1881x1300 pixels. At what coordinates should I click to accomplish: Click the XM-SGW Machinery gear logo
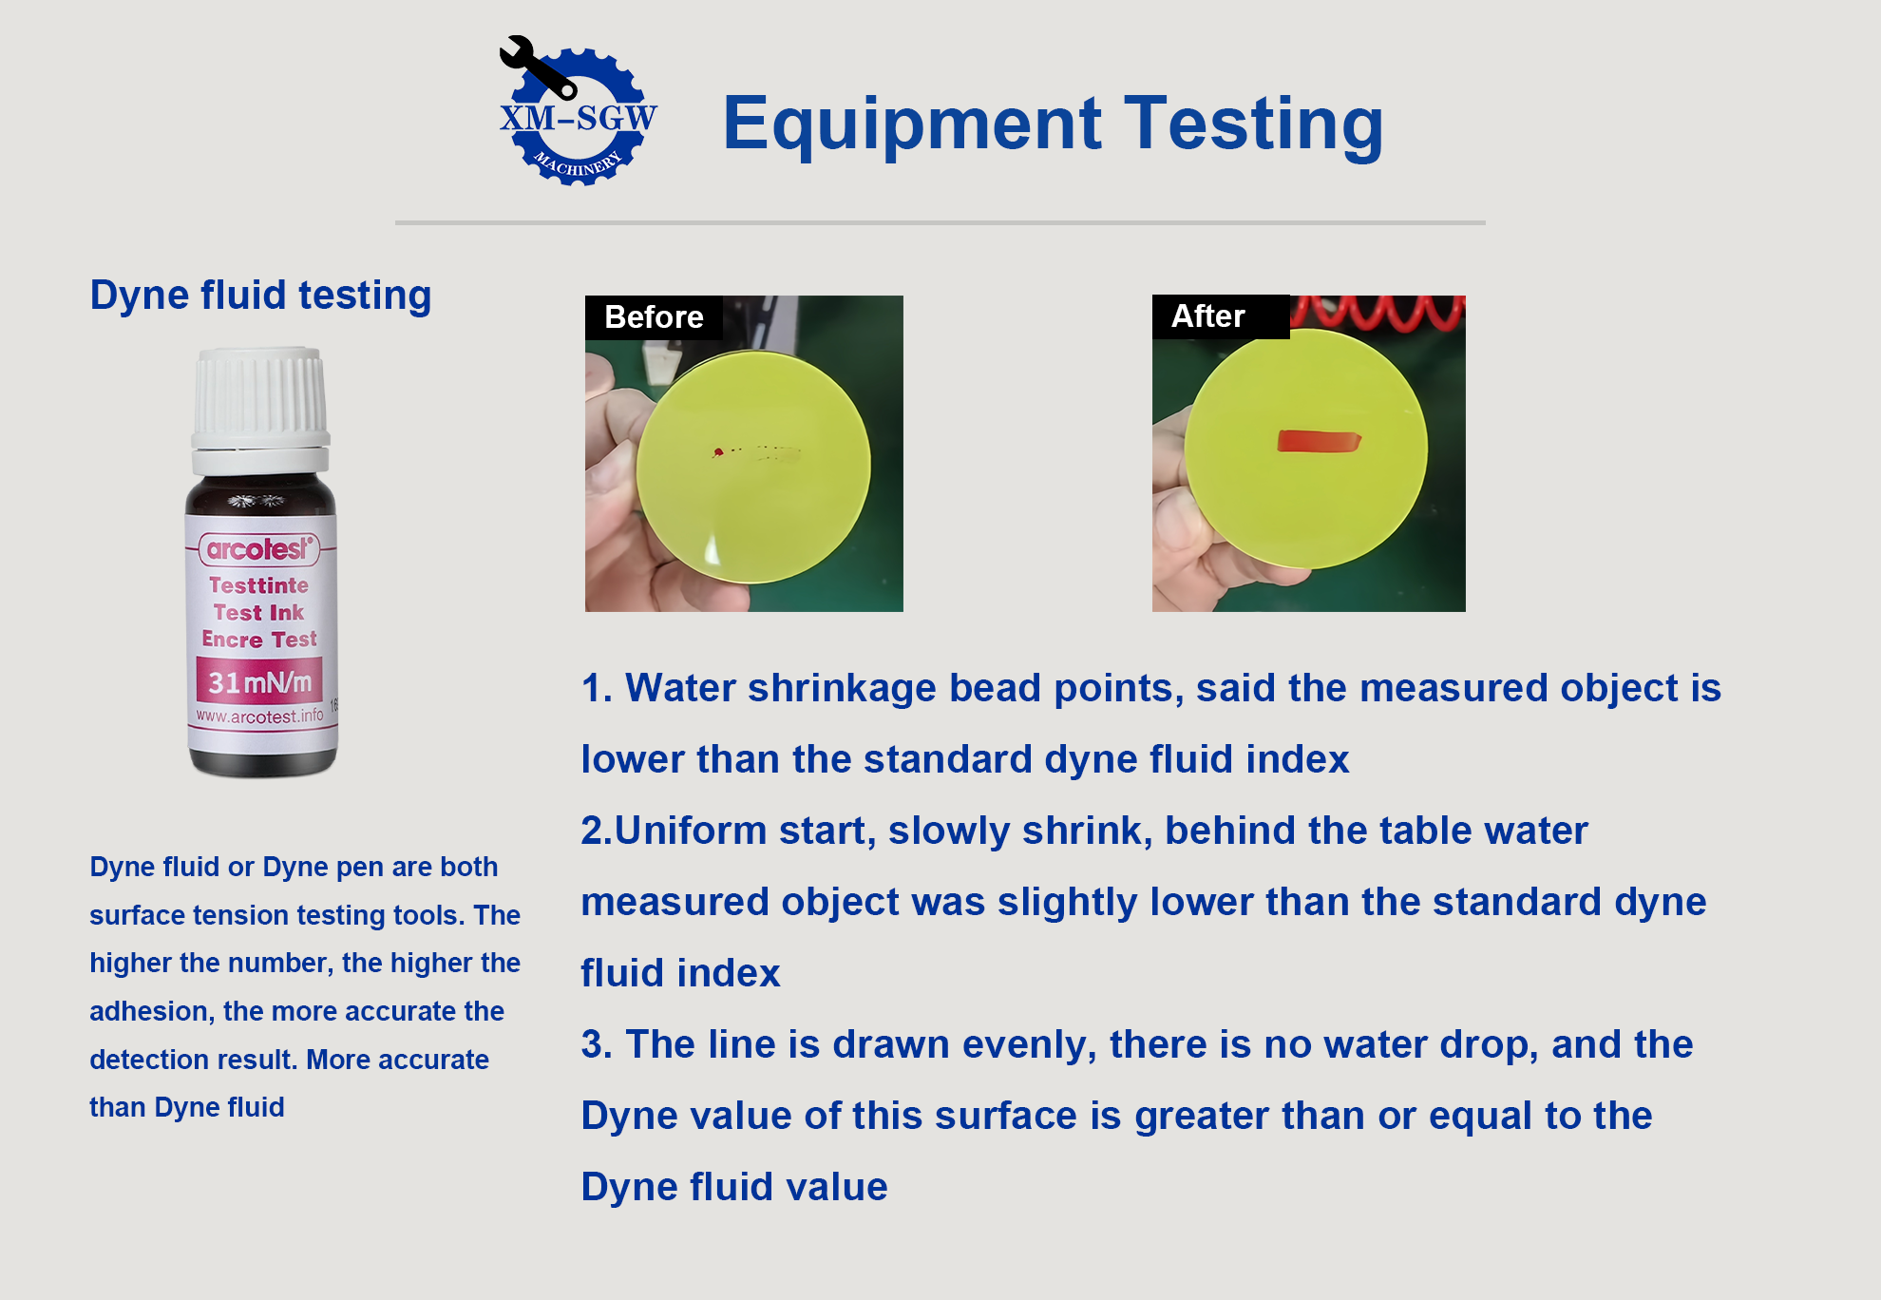578,112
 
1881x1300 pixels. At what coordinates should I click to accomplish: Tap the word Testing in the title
1254,124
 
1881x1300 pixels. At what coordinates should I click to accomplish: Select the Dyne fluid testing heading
260,296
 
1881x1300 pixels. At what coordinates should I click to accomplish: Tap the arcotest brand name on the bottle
258,549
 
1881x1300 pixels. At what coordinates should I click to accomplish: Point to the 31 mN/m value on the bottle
259,682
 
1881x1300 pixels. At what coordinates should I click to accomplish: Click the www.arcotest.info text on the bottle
259,717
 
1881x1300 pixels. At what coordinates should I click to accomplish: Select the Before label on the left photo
654,317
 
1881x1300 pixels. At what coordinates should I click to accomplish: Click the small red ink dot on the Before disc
718,452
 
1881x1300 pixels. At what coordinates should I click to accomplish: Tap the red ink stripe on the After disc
1319,441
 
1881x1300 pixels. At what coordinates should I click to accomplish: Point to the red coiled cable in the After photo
1377,311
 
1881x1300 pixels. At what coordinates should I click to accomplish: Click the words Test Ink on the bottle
258,613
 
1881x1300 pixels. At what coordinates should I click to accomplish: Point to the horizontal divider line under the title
940,222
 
